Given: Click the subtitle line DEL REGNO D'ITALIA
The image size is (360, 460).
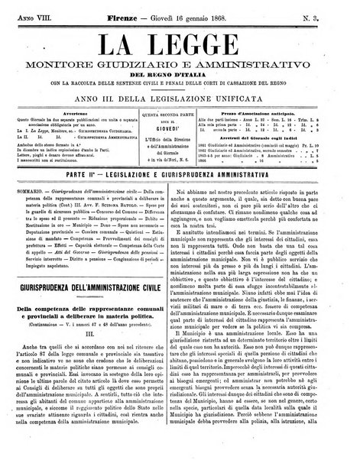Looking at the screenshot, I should pyautogui.click(x=179, y=74).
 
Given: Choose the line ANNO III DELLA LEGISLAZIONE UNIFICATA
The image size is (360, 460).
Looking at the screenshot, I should pyautogui.click(x=179, y=95).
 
